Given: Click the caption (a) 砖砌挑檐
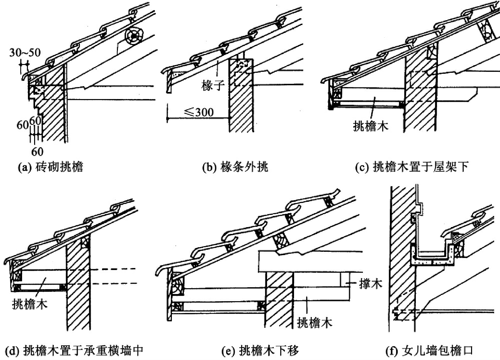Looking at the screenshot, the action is point(50,167).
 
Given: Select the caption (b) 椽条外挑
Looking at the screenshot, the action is point(235,167).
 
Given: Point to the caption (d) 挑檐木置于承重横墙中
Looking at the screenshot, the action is point(74,350).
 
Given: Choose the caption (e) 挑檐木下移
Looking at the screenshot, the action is point(260,350).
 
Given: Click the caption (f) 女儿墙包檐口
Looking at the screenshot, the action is point(429,350).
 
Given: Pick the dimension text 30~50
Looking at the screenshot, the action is point(25,53).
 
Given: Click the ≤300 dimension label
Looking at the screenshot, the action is point(199,112).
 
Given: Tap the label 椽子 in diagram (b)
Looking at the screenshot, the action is point(213,85).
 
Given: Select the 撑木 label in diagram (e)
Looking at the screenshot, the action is point(371,283).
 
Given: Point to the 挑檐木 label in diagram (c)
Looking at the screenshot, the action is point(371,126).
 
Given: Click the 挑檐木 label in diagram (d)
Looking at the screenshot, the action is point(30,304).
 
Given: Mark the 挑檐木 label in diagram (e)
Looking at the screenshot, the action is point(314,323).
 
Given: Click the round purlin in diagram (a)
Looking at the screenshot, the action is point(134,36).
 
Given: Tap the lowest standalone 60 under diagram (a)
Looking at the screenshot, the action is point(37,152).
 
